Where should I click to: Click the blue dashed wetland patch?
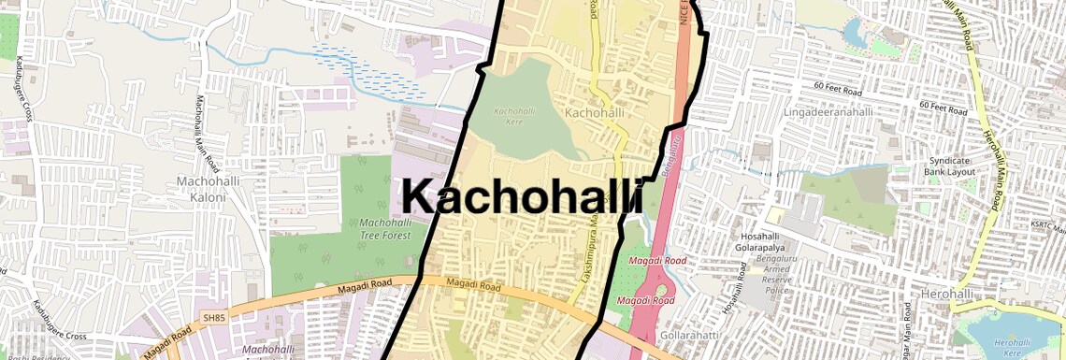coord(369,70)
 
